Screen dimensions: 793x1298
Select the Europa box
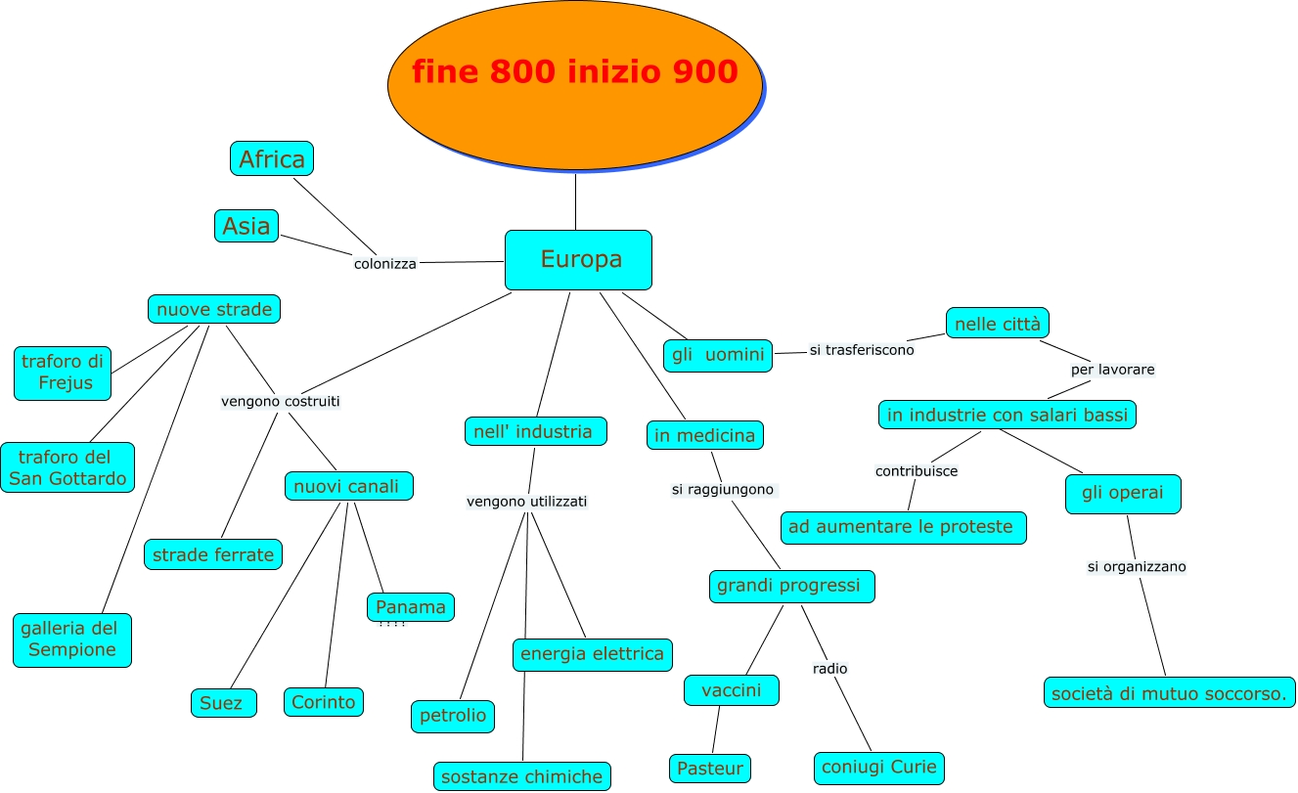[578, 260]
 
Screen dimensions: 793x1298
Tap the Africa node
[272, 158]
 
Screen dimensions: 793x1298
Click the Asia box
[246, 226]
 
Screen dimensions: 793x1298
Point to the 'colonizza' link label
[384, 264]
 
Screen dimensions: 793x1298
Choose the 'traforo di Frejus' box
[63, 373]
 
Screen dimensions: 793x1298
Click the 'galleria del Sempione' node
[72, 639]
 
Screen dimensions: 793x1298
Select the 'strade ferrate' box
[213, 554]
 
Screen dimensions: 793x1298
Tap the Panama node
[411, 607]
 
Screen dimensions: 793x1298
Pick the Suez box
[223, 703]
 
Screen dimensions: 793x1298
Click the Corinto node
[324, 702]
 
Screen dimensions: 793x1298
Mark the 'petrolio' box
[452, 716]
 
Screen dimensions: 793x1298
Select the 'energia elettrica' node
[592, 654]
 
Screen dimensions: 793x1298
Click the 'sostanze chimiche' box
[521, 777]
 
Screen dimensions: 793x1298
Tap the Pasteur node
[710, 769]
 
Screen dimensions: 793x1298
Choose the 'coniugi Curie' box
[879, 768]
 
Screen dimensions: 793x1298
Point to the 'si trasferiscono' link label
[862, 350]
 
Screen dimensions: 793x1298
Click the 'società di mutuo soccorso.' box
[1169, 693]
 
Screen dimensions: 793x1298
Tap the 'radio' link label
[829, 669]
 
